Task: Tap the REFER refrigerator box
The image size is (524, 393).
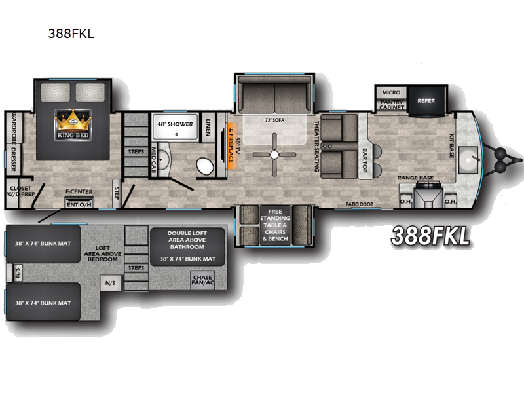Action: [426, 101]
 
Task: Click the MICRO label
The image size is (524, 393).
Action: [391, 92]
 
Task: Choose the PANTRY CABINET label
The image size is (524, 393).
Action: [391, 104]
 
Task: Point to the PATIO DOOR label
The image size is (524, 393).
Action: [360, 204]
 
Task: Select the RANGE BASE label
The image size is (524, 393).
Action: [417, 177]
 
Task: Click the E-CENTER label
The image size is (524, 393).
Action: [77, 193]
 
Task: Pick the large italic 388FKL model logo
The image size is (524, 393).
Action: [430, 235]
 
